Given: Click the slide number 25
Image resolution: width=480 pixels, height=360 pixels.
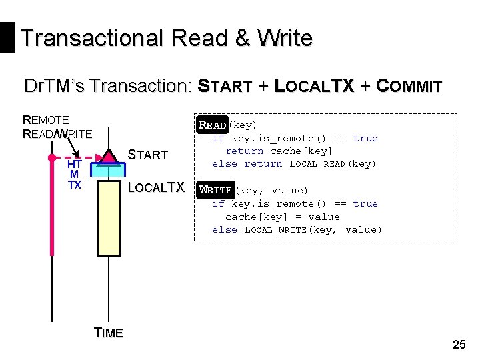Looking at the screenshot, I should tap(459, 344).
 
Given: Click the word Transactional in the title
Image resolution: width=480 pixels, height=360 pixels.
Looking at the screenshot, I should tap(91, 38).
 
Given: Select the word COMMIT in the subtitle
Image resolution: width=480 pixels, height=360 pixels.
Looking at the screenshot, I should tap(409, 87).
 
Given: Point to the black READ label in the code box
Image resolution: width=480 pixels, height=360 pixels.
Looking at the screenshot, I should tap(213, 125).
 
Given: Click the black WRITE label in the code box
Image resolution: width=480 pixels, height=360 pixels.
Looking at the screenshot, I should tap(216, 190).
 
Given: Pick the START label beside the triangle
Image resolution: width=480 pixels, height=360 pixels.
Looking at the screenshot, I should tap(147, 155).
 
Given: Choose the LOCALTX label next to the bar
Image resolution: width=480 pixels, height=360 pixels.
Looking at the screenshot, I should tap(155, 188).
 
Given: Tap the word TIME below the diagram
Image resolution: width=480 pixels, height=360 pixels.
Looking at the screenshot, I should tap(109, 333).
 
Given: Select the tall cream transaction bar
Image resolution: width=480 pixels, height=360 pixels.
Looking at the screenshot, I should tap(108, 217).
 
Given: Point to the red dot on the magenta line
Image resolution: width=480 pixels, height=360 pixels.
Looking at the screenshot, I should tap(51, 159).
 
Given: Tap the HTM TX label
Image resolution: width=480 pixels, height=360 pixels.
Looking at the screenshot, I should tap(75, 175).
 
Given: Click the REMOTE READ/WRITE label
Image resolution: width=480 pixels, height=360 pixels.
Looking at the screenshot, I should tap(57, 127).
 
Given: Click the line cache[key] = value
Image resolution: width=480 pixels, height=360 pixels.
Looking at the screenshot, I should tap(282, 217).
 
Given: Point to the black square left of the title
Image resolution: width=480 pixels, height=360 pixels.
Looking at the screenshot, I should tap(7, 37).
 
